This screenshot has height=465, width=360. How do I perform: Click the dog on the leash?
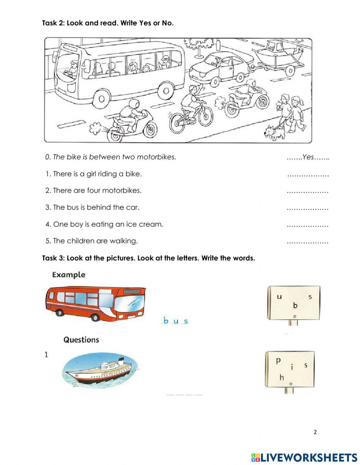tap(275, 133)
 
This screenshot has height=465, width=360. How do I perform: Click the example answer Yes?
tap(309, 157)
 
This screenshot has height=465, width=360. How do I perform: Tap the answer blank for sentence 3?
tap(307, 208)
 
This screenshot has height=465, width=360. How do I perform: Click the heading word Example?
tap(68, 275)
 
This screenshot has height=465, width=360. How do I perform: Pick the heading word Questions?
tap(81, 340)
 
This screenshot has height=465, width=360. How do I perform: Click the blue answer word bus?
tap(175, 321)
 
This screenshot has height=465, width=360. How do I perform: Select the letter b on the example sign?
tap(295, 305)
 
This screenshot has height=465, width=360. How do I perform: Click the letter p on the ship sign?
tap(278, 360)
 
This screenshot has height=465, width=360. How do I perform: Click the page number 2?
tap(315, 432)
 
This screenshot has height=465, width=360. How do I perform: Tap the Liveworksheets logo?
tap(304, 457)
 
